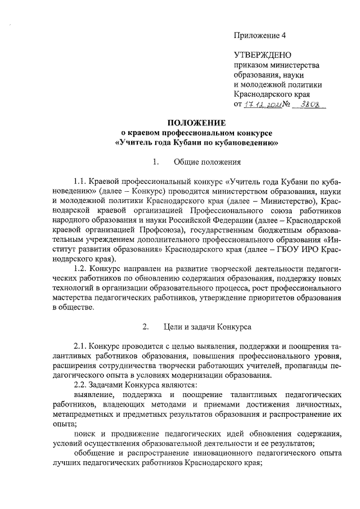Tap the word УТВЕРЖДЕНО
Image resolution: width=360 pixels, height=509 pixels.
pos(262,55)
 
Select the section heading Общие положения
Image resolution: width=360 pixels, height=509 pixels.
pos(208,163)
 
